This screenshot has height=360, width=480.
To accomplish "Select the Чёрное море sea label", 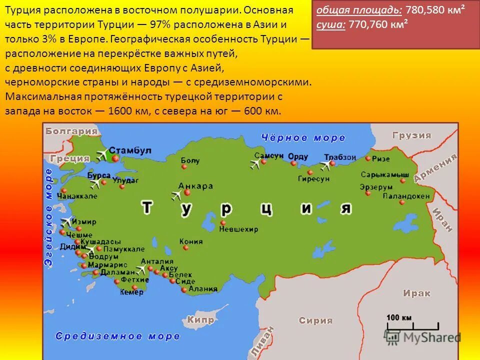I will [303, 137].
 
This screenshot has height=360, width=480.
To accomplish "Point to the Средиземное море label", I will [117, 336].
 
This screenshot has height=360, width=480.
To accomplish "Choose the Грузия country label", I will [411, 135].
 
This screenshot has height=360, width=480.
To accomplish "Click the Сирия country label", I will [315, 320].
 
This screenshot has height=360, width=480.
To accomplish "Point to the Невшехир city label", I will [238, 229].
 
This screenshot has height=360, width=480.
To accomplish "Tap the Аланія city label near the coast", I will [203, 289].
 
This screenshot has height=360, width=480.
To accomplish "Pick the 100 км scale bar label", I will [398, 317].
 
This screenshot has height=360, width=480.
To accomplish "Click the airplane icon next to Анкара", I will [176, 195].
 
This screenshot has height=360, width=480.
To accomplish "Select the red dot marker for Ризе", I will [368, 158].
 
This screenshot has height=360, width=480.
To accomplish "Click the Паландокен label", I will [406, 196].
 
